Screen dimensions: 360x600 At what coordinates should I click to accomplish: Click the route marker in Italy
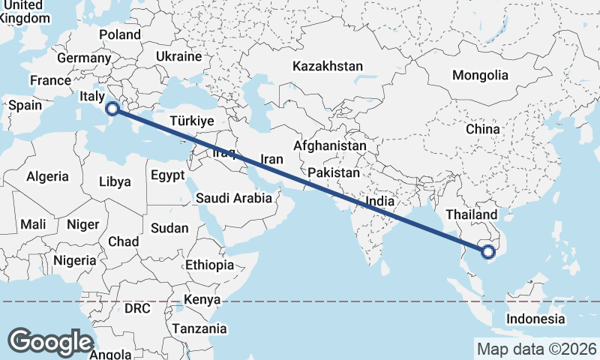[112, 109]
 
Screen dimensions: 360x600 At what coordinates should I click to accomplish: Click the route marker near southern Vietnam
[489, 252]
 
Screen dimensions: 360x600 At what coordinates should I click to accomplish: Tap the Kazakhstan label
[328, 66]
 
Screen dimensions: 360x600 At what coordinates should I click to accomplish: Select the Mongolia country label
[480, 75]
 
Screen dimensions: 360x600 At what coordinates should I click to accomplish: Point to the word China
[482, 129]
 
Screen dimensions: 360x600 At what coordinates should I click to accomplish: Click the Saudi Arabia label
[233, 199]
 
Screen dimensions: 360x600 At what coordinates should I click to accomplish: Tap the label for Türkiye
[193, 121]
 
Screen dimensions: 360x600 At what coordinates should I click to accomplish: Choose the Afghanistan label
[331, 145]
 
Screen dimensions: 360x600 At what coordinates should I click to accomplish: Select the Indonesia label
[535, 319]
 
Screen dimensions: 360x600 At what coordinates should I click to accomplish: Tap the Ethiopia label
[209, 265]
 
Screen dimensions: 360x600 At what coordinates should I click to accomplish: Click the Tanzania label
[199, 328]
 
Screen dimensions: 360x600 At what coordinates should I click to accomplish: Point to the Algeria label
[48, 177]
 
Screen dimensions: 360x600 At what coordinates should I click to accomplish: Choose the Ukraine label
[179, 56]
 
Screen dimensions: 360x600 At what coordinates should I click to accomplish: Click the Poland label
[120, 34]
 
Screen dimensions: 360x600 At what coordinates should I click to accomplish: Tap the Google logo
[51, 342]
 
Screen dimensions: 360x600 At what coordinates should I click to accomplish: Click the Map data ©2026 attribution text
[537, 349]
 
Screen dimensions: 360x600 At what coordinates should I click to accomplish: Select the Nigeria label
[75, 261]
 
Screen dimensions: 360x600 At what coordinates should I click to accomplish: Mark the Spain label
[25, 105]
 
